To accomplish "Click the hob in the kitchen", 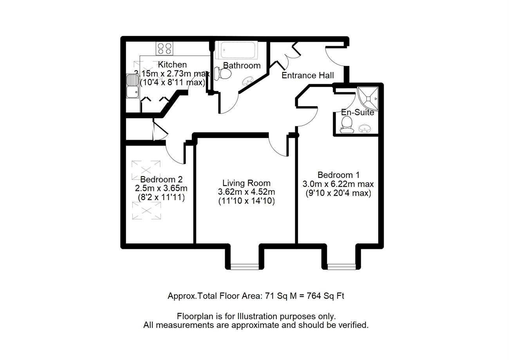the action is click(x=164, y=49).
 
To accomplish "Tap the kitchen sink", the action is click(x=132, y=86).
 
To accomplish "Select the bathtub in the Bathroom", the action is click(x=236, y=50).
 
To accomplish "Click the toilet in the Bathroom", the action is click(x=223, y=73).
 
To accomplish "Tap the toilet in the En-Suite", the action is click(x=347, y=125).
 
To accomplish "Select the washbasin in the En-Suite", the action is click(x=365, y=129).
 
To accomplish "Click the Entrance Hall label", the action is click(x=308, y=76).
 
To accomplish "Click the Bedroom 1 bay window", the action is click(x=341, y=266).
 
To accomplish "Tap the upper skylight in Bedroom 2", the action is click(x=146, y=170).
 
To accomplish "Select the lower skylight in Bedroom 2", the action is click(x=146, y=211).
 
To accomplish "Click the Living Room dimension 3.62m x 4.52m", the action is click(x=247, y=192).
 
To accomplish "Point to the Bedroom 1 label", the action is click(x=339, y=175).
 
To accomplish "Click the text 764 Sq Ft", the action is click(x=325, y=296).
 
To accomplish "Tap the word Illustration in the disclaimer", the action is click(x=258, y=316).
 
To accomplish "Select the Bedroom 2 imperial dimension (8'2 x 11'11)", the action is click(x=161, y=197).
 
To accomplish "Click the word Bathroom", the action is click(x=242, y=65).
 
